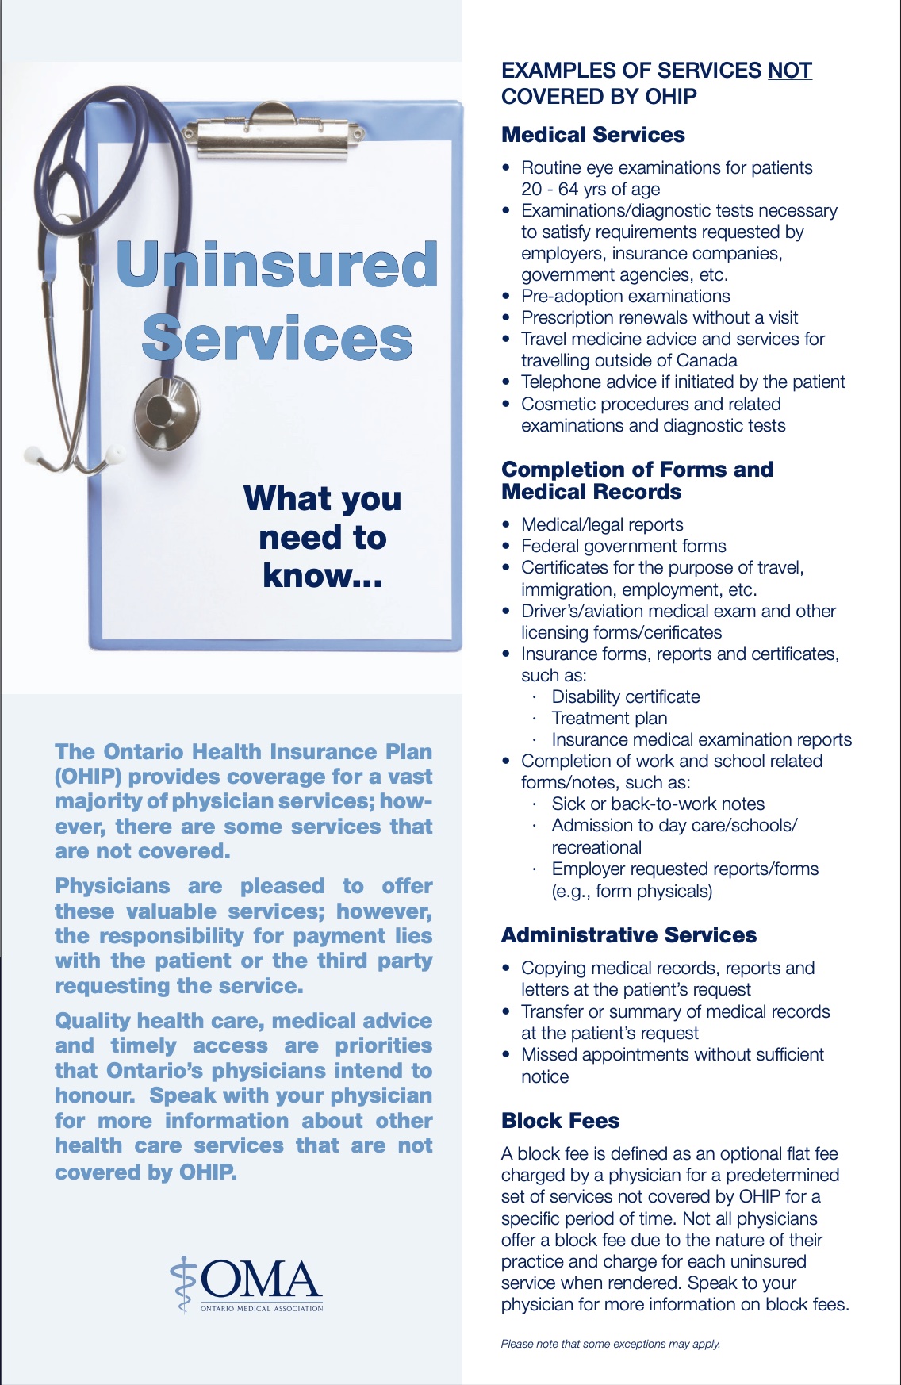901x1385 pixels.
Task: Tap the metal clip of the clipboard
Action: point(273,131)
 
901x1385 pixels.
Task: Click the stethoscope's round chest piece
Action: point(164,409)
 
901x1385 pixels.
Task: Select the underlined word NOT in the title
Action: point(789,71)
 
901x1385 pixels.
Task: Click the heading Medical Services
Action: point(592,135)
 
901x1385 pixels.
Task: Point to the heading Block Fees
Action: point(560,1121)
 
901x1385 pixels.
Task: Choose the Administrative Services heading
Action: point(628,935)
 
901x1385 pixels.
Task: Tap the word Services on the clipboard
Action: point(277,338)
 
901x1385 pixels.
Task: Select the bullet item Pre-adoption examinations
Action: point(625,297)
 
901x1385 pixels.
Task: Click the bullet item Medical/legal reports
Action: point(602,525)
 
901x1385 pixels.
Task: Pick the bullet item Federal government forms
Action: point(623,547)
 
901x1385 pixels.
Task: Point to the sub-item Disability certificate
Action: point(625,697)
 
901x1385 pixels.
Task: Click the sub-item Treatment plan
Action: point(609,719)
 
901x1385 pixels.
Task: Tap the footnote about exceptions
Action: point(610,1344)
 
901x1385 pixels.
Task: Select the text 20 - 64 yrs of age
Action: point(590,190)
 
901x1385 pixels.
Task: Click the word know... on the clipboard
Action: point(323,576)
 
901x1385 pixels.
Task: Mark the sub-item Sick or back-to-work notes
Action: point(658,804)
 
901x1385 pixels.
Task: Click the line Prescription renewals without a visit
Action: point(659,318)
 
